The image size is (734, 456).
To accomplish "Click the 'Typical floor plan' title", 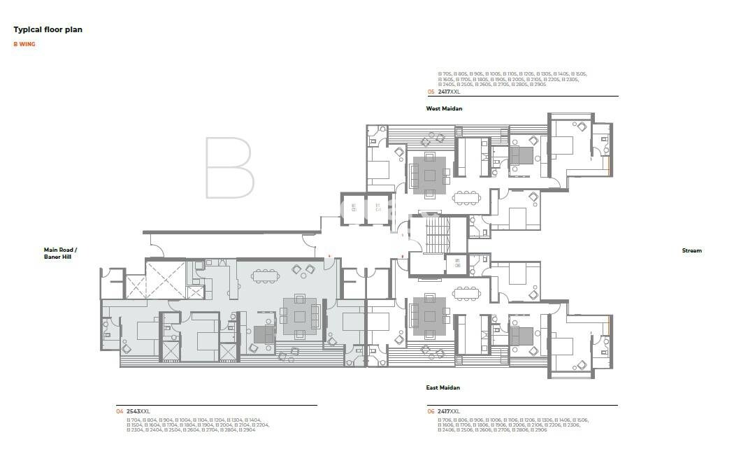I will coord(48,30).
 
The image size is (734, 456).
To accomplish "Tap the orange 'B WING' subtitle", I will coord(24,44).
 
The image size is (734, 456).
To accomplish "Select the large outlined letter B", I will coord(229,167).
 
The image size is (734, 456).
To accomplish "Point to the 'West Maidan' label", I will coord(444,108).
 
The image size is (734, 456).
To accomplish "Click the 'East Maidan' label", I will coord(443,387).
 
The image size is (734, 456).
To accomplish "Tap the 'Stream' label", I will coord(691,250).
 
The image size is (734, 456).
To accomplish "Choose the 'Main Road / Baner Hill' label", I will coord(61,253).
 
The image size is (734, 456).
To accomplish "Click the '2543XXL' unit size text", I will coord(138,411).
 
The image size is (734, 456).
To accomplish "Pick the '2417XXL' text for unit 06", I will coord(449,411).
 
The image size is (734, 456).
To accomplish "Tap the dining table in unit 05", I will coord(466,198).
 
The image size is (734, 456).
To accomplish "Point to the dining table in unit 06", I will coord(466,291).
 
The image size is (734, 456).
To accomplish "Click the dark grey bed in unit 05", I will coord(520,155).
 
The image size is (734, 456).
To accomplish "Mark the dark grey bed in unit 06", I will coord(520,336).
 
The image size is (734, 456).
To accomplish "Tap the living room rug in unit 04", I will coord(299,316).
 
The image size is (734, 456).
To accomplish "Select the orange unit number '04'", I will coord(120,411).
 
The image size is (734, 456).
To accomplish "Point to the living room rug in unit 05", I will coord(429,173).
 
